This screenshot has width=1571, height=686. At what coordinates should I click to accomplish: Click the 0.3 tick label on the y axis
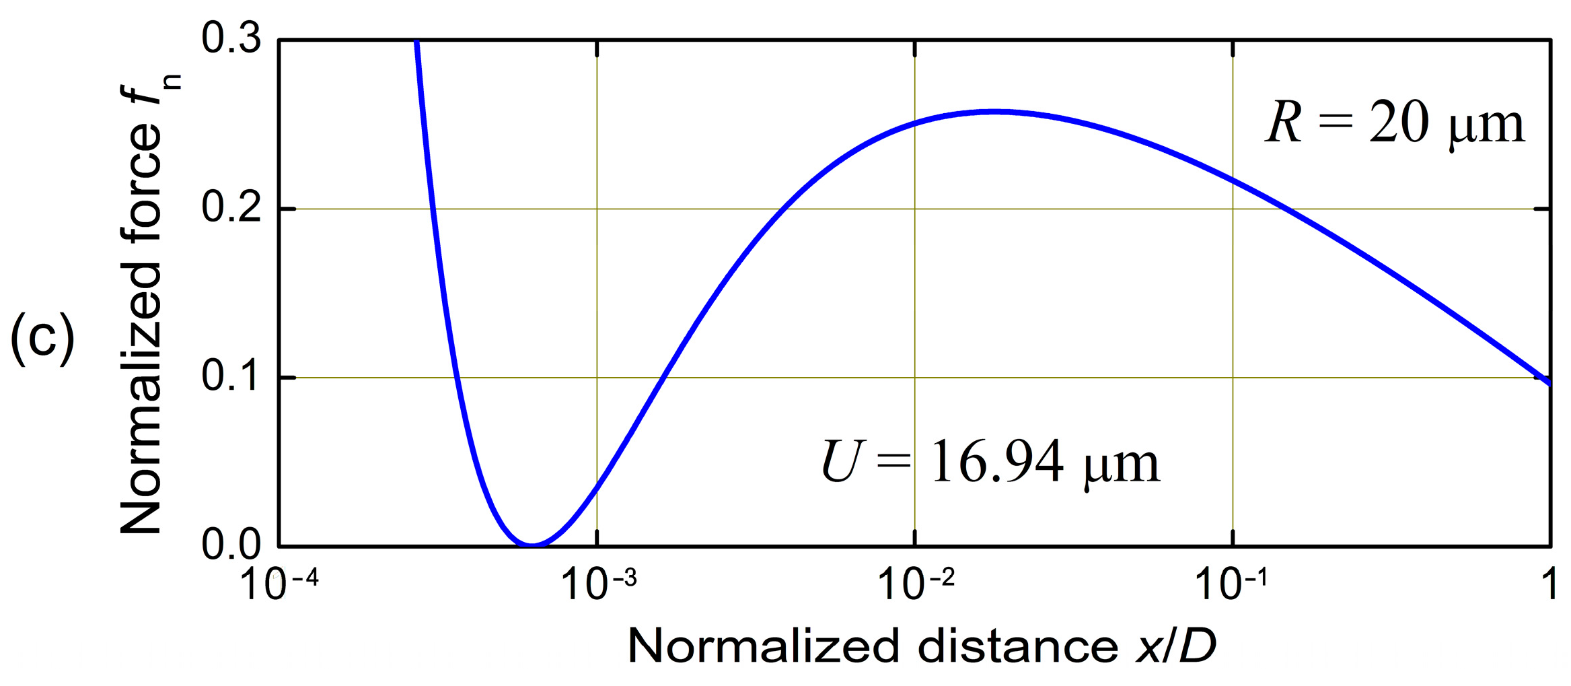point(231,39)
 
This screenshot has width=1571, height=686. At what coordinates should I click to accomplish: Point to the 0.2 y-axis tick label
point(231,208)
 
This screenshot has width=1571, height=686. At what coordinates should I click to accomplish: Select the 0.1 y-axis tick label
point(231,376)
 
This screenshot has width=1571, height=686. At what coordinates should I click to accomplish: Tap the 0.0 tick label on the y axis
point(231,545)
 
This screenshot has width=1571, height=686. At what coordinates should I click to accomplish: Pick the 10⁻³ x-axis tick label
point(597,583)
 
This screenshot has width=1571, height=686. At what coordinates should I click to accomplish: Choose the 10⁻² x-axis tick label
point(916,583)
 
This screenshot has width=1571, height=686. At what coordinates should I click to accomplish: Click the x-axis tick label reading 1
point(1549,583)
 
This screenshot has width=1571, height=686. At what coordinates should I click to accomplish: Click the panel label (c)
point(42,338)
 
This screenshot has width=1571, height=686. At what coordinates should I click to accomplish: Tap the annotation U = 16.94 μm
point(990,462)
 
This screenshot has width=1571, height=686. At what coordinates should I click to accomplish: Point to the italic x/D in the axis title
point(1176,646)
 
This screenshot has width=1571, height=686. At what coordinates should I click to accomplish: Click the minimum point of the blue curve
point(532,544)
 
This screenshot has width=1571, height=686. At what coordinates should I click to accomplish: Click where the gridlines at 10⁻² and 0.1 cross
point(915,378)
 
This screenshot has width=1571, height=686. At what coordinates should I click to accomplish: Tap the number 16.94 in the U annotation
point(998,462)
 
